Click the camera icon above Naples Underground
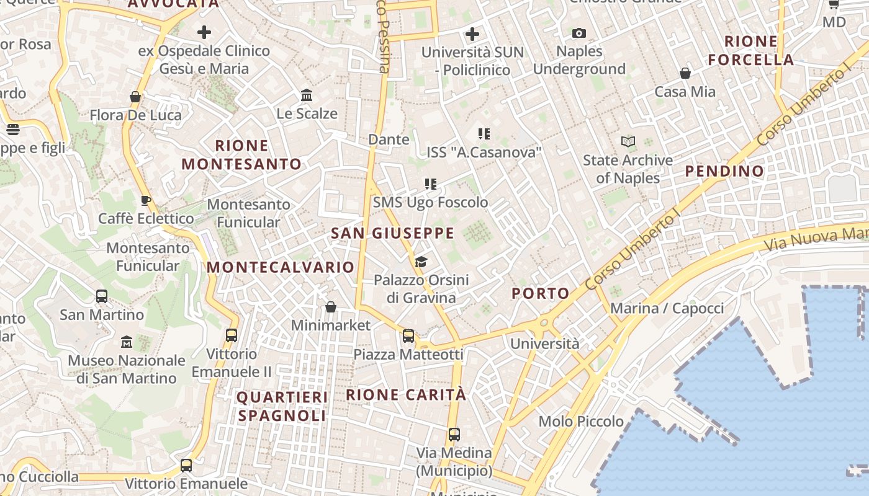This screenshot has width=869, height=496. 579,33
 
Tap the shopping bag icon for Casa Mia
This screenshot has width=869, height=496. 685,74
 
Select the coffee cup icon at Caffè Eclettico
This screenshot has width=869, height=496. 145,200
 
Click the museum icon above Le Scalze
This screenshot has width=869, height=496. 307,95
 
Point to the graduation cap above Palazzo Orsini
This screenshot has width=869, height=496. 421,262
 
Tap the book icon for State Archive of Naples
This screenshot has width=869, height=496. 628,142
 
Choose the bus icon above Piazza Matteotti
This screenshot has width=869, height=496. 408,336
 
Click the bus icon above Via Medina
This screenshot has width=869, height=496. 454,435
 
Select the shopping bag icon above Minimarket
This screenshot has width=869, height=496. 331,308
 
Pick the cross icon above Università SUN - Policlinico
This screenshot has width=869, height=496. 472,33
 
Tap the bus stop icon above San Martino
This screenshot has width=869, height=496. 102,296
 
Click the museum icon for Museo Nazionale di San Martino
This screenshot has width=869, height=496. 127,342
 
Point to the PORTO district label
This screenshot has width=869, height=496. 540,294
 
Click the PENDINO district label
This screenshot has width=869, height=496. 724,171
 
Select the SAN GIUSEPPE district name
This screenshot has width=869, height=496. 392,234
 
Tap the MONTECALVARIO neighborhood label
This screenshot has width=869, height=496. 281,267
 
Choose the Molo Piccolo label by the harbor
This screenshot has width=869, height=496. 581,422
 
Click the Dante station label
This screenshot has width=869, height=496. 389,139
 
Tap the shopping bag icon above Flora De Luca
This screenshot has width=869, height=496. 135,97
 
